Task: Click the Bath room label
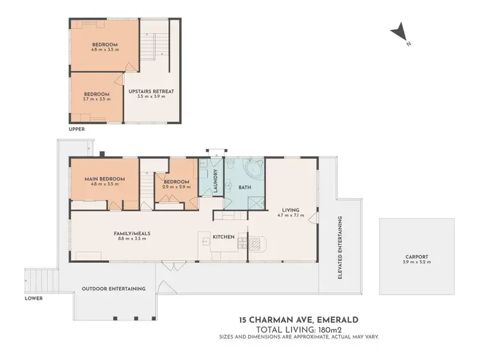pyautogui.click(x=244, y=187)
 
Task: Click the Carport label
pyautogui.click(x=416, y=259)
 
